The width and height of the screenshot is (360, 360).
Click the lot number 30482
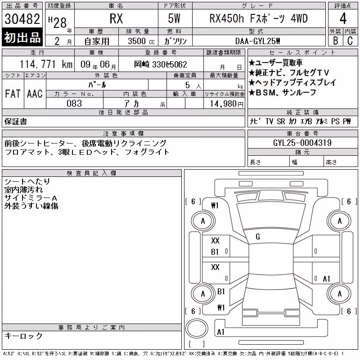click(22, 19)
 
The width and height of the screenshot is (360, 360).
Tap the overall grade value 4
click(343, 18)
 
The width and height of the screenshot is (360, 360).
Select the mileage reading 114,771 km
click(46, 64)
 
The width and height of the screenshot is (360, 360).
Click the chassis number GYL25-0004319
click(302, 143)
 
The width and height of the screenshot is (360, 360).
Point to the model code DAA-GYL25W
click(257, 41)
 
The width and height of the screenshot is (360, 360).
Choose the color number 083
click(74, 103)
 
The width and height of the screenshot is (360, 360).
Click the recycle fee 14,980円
click(226, 104)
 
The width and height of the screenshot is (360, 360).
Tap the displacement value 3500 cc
click(141, 41)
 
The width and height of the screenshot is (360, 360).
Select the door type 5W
click(174, 18)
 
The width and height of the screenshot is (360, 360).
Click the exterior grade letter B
click(335, 41)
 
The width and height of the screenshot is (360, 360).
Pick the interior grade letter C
click(350, 41)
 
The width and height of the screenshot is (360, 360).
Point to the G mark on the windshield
click(258, 237)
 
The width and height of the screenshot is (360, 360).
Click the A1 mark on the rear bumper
click(220, 332)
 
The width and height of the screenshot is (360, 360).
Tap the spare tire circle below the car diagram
click(197, 328)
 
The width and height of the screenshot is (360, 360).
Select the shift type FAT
click(13, 94)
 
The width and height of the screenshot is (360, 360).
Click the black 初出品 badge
click(22, 37)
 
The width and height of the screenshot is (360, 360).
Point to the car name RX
click(116, 18)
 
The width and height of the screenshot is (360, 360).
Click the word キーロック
click(23, 336)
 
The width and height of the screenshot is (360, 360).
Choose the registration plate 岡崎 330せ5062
click(161, 64)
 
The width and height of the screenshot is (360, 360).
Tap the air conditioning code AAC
click(35, 94)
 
